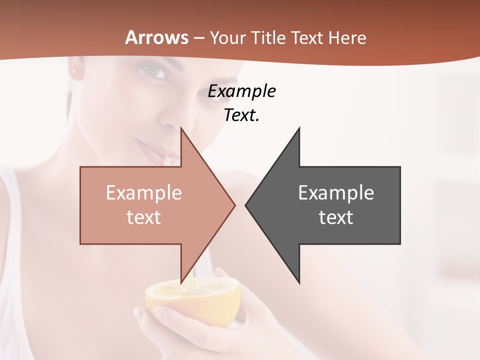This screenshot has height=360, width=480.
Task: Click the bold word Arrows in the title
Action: pyautogui.click(x=157, y=37)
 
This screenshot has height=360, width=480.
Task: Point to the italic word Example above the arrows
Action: pyautogui.click(x=242, y=91)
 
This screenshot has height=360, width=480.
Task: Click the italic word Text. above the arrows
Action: pyautogui.click(x=242, y=115)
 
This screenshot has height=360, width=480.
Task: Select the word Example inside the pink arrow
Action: pyautogui.click(x=144, y=192)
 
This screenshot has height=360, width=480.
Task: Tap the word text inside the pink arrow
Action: pyautogui.click(x=144, y=217)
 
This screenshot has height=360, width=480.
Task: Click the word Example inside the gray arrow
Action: pyautogui.click(x=336, y=192)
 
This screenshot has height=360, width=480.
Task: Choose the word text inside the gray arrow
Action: pyautogui.click(x=336, y=217)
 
